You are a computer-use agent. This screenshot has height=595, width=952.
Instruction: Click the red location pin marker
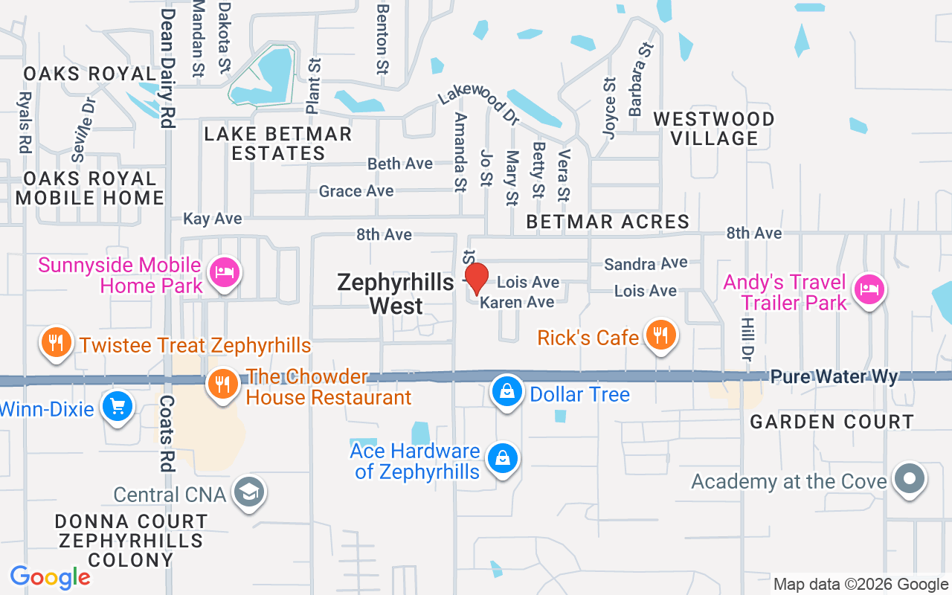pos(476,278)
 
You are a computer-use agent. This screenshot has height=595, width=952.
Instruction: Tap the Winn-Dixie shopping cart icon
pos(117,406)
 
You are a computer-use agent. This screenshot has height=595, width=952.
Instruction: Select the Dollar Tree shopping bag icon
pos(506,391)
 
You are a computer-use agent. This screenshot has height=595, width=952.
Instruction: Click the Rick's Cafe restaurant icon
pos(660,335)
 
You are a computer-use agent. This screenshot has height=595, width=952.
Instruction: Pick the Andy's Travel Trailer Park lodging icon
pos(868,289)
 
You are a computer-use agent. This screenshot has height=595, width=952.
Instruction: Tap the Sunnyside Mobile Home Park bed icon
pos(223,272)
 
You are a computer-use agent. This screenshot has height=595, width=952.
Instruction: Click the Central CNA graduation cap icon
pos(249,492)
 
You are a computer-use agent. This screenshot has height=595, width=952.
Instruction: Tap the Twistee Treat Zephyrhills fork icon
pos(56,343)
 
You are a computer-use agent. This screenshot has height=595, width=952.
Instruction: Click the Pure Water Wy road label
pos(834,377)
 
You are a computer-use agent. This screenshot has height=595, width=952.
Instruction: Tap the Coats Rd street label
pos(167,433)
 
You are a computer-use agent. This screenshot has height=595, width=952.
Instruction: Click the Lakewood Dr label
pos(478,105)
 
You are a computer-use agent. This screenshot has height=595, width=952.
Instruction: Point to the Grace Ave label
pos(356,191)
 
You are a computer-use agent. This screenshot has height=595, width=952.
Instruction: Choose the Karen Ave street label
pos(517,302)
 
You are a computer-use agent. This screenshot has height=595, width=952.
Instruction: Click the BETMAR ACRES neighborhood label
pos(608,222)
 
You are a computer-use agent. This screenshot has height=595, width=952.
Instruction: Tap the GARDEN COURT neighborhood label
pos(832,422)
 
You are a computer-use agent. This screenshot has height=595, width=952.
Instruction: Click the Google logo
pos(50,577)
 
